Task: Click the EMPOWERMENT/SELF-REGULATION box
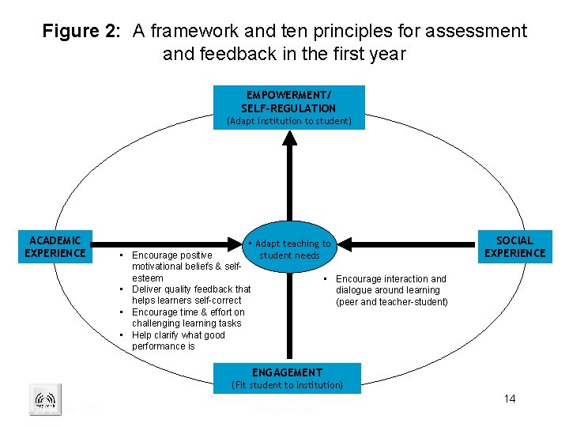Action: (x=288, y=101)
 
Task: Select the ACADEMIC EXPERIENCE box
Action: (x=55, y=246)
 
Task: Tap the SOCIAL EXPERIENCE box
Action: (x=514, y=246)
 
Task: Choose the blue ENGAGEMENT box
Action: (x=287, y=372)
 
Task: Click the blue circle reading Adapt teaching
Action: (x=289, y=249)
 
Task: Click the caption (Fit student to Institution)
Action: (x=286, y=385)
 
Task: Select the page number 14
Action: (x=510, y=399)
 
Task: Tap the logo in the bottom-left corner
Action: (x=44, y=400)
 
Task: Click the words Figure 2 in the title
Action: (x=82, y=32)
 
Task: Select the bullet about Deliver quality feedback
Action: (x=190, y=295)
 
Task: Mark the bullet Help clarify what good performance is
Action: (x=178, y=341)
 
